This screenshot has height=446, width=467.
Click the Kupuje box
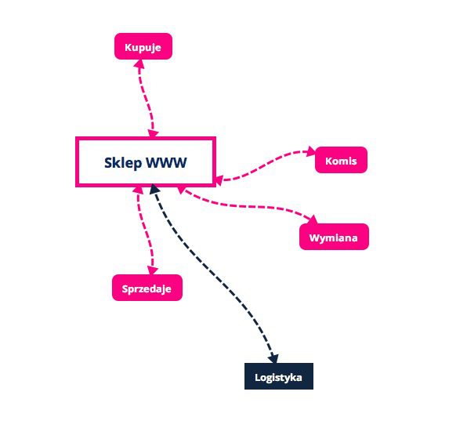point(143,46)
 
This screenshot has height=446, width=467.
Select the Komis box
point(341,160)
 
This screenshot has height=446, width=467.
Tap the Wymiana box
point(334,237)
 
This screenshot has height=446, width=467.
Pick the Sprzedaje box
point(147,288)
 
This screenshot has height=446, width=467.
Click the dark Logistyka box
point(279,376)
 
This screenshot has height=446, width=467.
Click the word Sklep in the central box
point(123,163)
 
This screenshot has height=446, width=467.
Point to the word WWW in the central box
point(166,163)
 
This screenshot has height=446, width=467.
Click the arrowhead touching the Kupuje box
point(139,63)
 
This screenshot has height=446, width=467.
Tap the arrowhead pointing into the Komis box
point(311,151)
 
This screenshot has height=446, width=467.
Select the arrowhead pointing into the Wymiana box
point(313,219)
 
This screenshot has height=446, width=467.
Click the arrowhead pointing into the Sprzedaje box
point(153,270)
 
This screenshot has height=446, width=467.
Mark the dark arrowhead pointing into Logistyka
point(273,358)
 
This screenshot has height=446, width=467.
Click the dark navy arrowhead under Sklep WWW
point(154,189)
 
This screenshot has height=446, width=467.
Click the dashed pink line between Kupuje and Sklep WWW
point(147,98)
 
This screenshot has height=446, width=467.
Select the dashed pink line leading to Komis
point(266,165)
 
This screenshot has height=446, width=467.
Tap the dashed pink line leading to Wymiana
point(247,206)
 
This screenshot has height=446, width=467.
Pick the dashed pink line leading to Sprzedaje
point(144,230)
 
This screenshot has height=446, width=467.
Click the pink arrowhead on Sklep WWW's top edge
point(153,133)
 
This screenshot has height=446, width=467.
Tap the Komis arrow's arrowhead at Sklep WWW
point(219,180)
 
